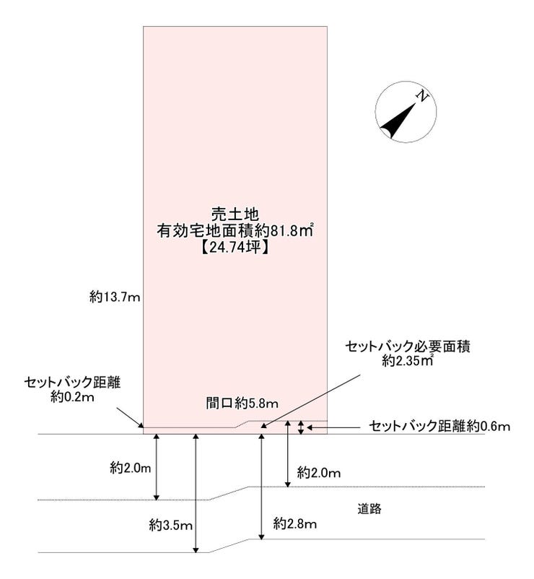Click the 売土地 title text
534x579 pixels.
(x=235, y=214)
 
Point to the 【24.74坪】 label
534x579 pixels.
(x=235, y=248)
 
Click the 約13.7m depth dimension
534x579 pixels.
(x=115, y=297)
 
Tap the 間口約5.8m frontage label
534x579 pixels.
(x=242, y=404)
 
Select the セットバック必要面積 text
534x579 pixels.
(x=408, y=347)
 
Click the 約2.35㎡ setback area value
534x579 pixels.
(x=408, y=361)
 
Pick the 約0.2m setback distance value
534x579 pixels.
(x=72, y=397)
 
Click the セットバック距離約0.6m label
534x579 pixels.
(x=439, y=427)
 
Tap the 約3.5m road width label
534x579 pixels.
(x=171, y=525)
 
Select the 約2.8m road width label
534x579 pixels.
(x=295, y=523)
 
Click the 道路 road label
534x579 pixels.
(x=369, y=509)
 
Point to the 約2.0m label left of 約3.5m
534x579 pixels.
(x=131, y=469)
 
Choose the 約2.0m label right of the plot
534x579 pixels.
(x=319, y=473)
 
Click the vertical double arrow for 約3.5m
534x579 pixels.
(x=196, y=493)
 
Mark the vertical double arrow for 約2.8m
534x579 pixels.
(x=262, y=487)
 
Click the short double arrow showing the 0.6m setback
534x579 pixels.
(x=301, y=427)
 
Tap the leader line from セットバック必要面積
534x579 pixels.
(x=310, y=401)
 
